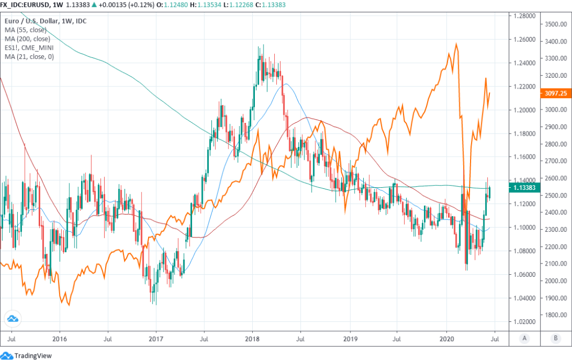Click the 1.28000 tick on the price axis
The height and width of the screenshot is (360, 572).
coord(524,16)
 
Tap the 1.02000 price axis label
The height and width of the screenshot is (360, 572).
coord(524,322)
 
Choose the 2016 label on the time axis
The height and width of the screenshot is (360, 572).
coord(60,339)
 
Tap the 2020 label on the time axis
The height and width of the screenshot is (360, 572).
coord(446,339)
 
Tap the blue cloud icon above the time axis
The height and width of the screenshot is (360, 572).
coord(12,319)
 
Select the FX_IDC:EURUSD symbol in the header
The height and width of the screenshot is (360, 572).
coord(26,5)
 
